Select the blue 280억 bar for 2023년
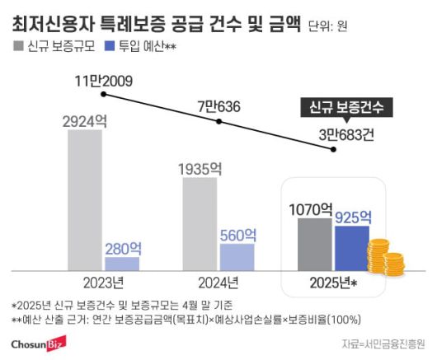122,264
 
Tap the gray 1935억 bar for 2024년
200,223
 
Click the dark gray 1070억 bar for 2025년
312,244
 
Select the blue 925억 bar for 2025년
351,248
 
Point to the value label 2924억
86,119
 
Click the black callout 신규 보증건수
345,109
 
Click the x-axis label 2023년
104,282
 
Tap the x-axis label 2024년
218,282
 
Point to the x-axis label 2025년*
333,282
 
